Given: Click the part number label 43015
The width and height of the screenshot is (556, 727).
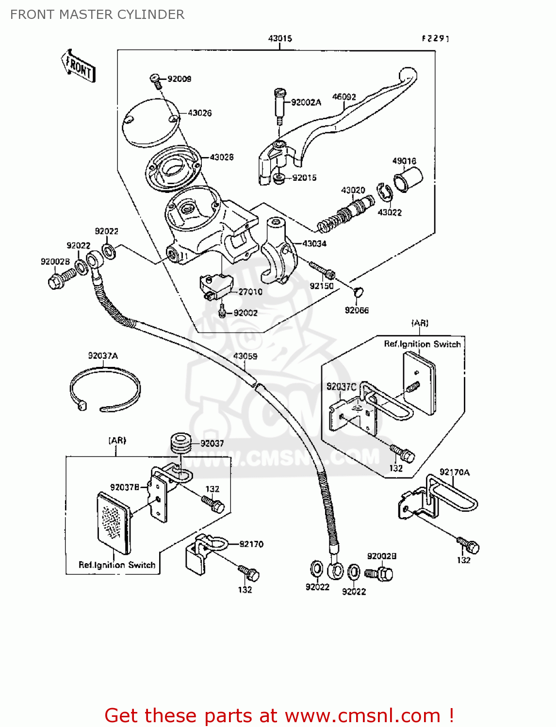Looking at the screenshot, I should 280,38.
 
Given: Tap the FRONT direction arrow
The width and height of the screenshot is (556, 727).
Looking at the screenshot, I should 78,66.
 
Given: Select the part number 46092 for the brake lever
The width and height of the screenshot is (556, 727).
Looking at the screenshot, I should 344,97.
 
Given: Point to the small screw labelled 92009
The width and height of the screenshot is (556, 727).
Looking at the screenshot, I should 156,81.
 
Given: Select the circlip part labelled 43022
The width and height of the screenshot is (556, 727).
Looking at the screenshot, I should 384,193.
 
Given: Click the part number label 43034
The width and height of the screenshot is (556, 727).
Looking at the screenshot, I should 314,243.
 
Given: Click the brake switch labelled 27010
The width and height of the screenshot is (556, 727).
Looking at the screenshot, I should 216,285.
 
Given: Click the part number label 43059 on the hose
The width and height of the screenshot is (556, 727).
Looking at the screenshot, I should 245,356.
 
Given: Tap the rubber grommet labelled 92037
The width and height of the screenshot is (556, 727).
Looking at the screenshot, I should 180,443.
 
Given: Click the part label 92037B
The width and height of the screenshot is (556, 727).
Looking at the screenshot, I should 125,487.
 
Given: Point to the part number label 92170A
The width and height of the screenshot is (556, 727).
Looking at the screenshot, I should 454,472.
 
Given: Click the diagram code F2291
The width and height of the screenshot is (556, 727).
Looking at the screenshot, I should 435,38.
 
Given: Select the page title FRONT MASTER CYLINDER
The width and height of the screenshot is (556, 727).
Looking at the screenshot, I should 97,15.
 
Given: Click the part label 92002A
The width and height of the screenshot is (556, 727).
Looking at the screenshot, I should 306,102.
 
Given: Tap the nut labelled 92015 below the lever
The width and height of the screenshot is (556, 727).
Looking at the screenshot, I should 279,178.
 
